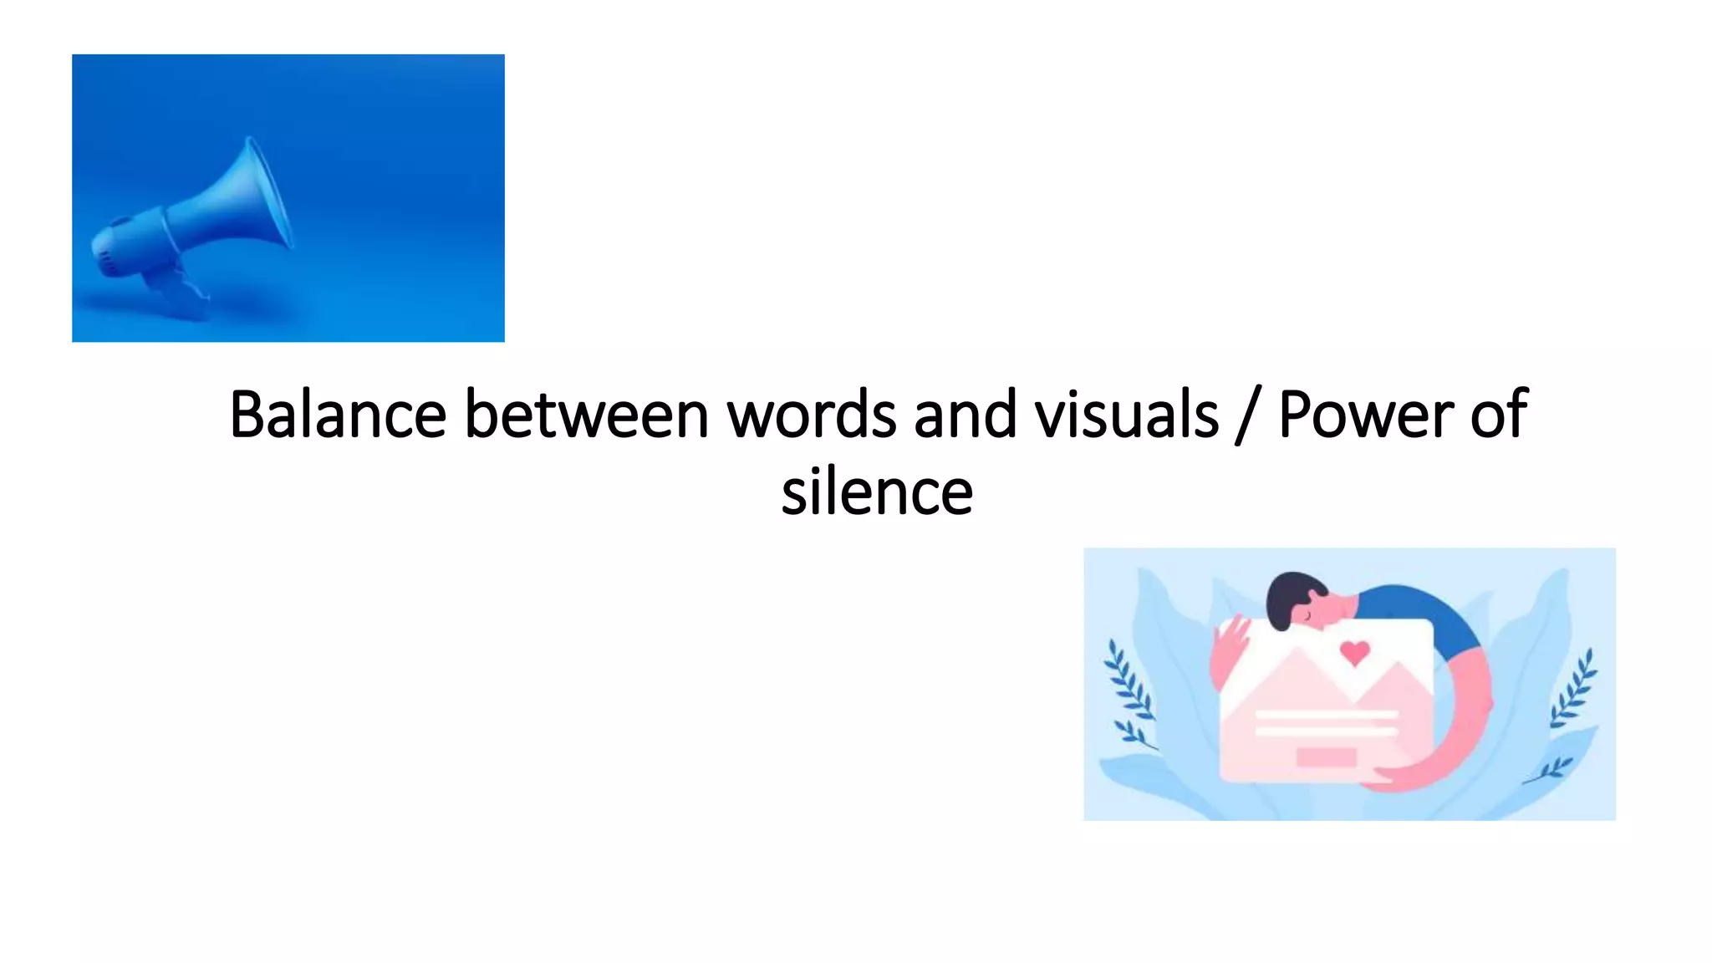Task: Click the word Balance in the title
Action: point(337,415)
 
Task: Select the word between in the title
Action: point(586,415)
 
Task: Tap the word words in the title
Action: point(811,415)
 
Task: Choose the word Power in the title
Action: point(1366,415)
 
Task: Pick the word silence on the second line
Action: point(877,492)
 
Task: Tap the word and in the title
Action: point(965,415)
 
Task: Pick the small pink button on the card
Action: point(1326,757)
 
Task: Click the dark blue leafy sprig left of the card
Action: point(1129,694)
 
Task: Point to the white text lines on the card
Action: point(1326,723)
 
